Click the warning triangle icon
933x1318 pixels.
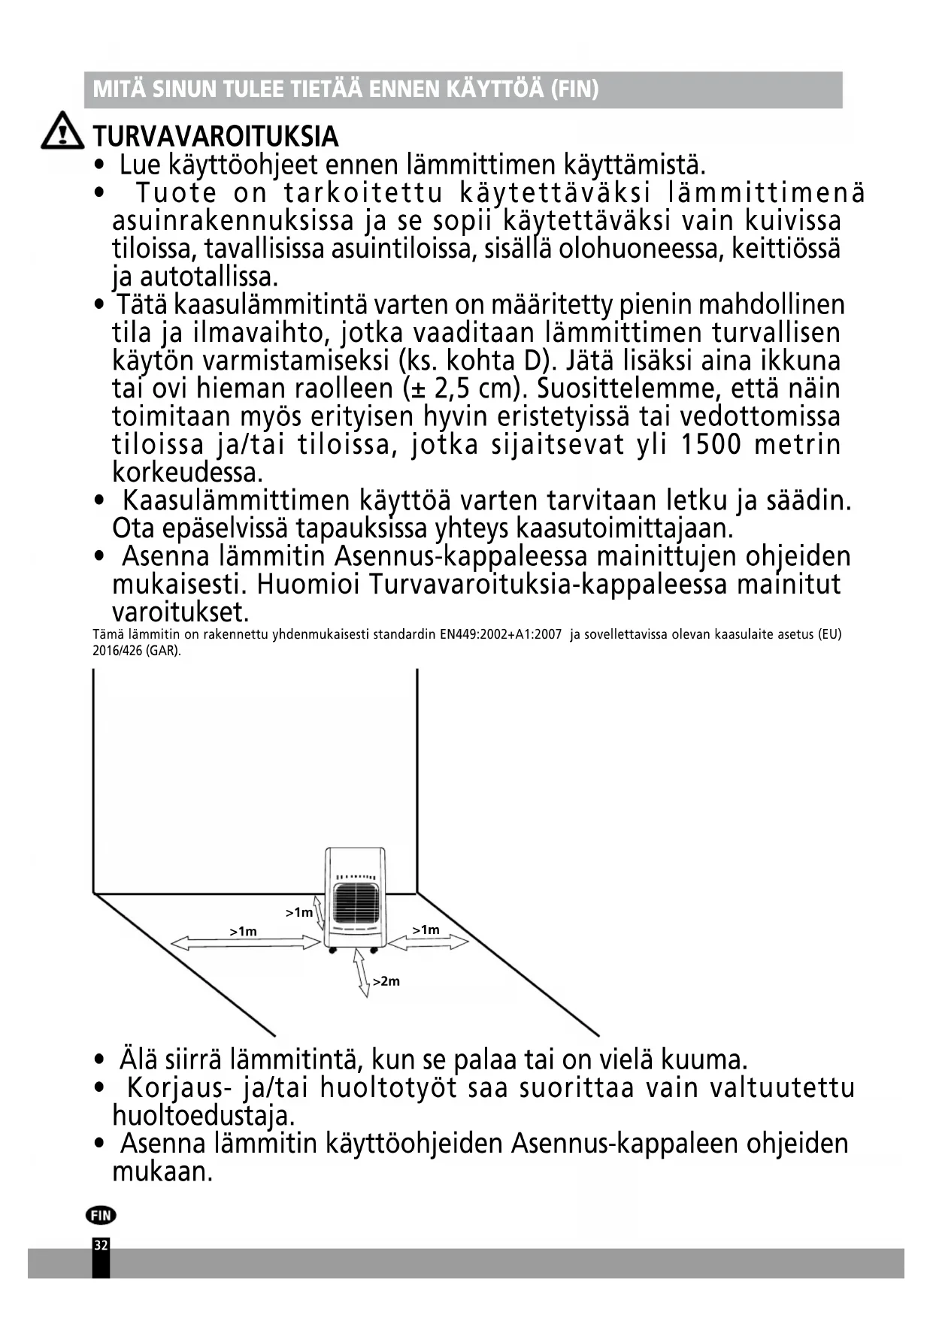coord(62,131)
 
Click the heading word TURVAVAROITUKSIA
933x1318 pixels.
coord(216,137)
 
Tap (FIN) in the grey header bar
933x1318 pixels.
coord(574,89)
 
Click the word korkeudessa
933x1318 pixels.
coord(187,473)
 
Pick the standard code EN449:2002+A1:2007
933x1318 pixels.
coord(500,634)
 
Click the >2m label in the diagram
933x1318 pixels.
coord(386,981)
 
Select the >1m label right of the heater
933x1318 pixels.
coord(426,930)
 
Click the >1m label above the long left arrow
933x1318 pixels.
coord(243,932)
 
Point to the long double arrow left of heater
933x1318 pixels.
coord(246,943)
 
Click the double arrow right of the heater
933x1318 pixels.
coord(428,942)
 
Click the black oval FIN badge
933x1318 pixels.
coord(101,1215)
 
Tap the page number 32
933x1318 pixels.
coord(101,1246)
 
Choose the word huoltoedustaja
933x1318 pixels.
coord(203,1115)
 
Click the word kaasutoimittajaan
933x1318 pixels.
coord(624,529)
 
